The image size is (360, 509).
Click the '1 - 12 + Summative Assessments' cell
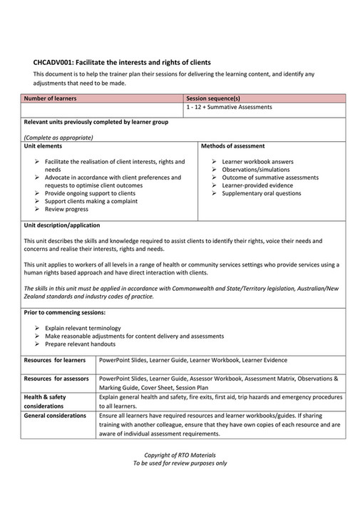tap(229, 107)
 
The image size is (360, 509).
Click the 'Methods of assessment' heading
tap(233, 145)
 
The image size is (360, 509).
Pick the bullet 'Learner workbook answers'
tap(253, 162)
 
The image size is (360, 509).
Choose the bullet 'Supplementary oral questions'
tap(261, 192)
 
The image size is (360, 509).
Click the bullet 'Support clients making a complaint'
tap(88, 201)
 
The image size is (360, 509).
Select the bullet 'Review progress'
tap(66, 209)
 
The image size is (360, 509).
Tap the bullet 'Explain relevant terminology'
tap(86, 328)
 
